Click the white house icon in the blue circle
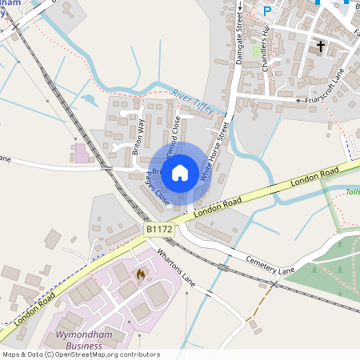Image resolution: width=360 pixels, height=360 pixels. pyautogui.click(x=180, y=171)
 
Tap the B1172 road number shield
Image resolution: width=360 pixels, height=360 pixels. pyautogui.click(x=159, y=230)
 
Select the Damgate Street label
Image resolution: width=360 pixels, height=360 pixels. pyautogui.click(x=238, y=31)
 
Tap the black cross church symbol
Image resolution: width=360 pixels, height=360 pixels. pyautogui.click(x=321, y=46)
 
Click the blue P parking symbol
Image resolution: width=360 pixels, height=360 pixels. pyautogui.click(x=267, y=11)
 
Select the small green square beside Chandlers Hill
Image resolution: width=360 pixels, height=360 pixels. pyautogui.click(x=256, y=50)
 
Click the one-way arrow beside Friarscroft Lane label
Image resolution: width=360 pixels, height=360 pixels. pyautogui.click(x=300, y=100)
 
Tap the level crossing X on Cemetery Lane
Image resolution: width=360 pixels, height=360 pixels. pyautogui.click(x=274, y=284)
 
